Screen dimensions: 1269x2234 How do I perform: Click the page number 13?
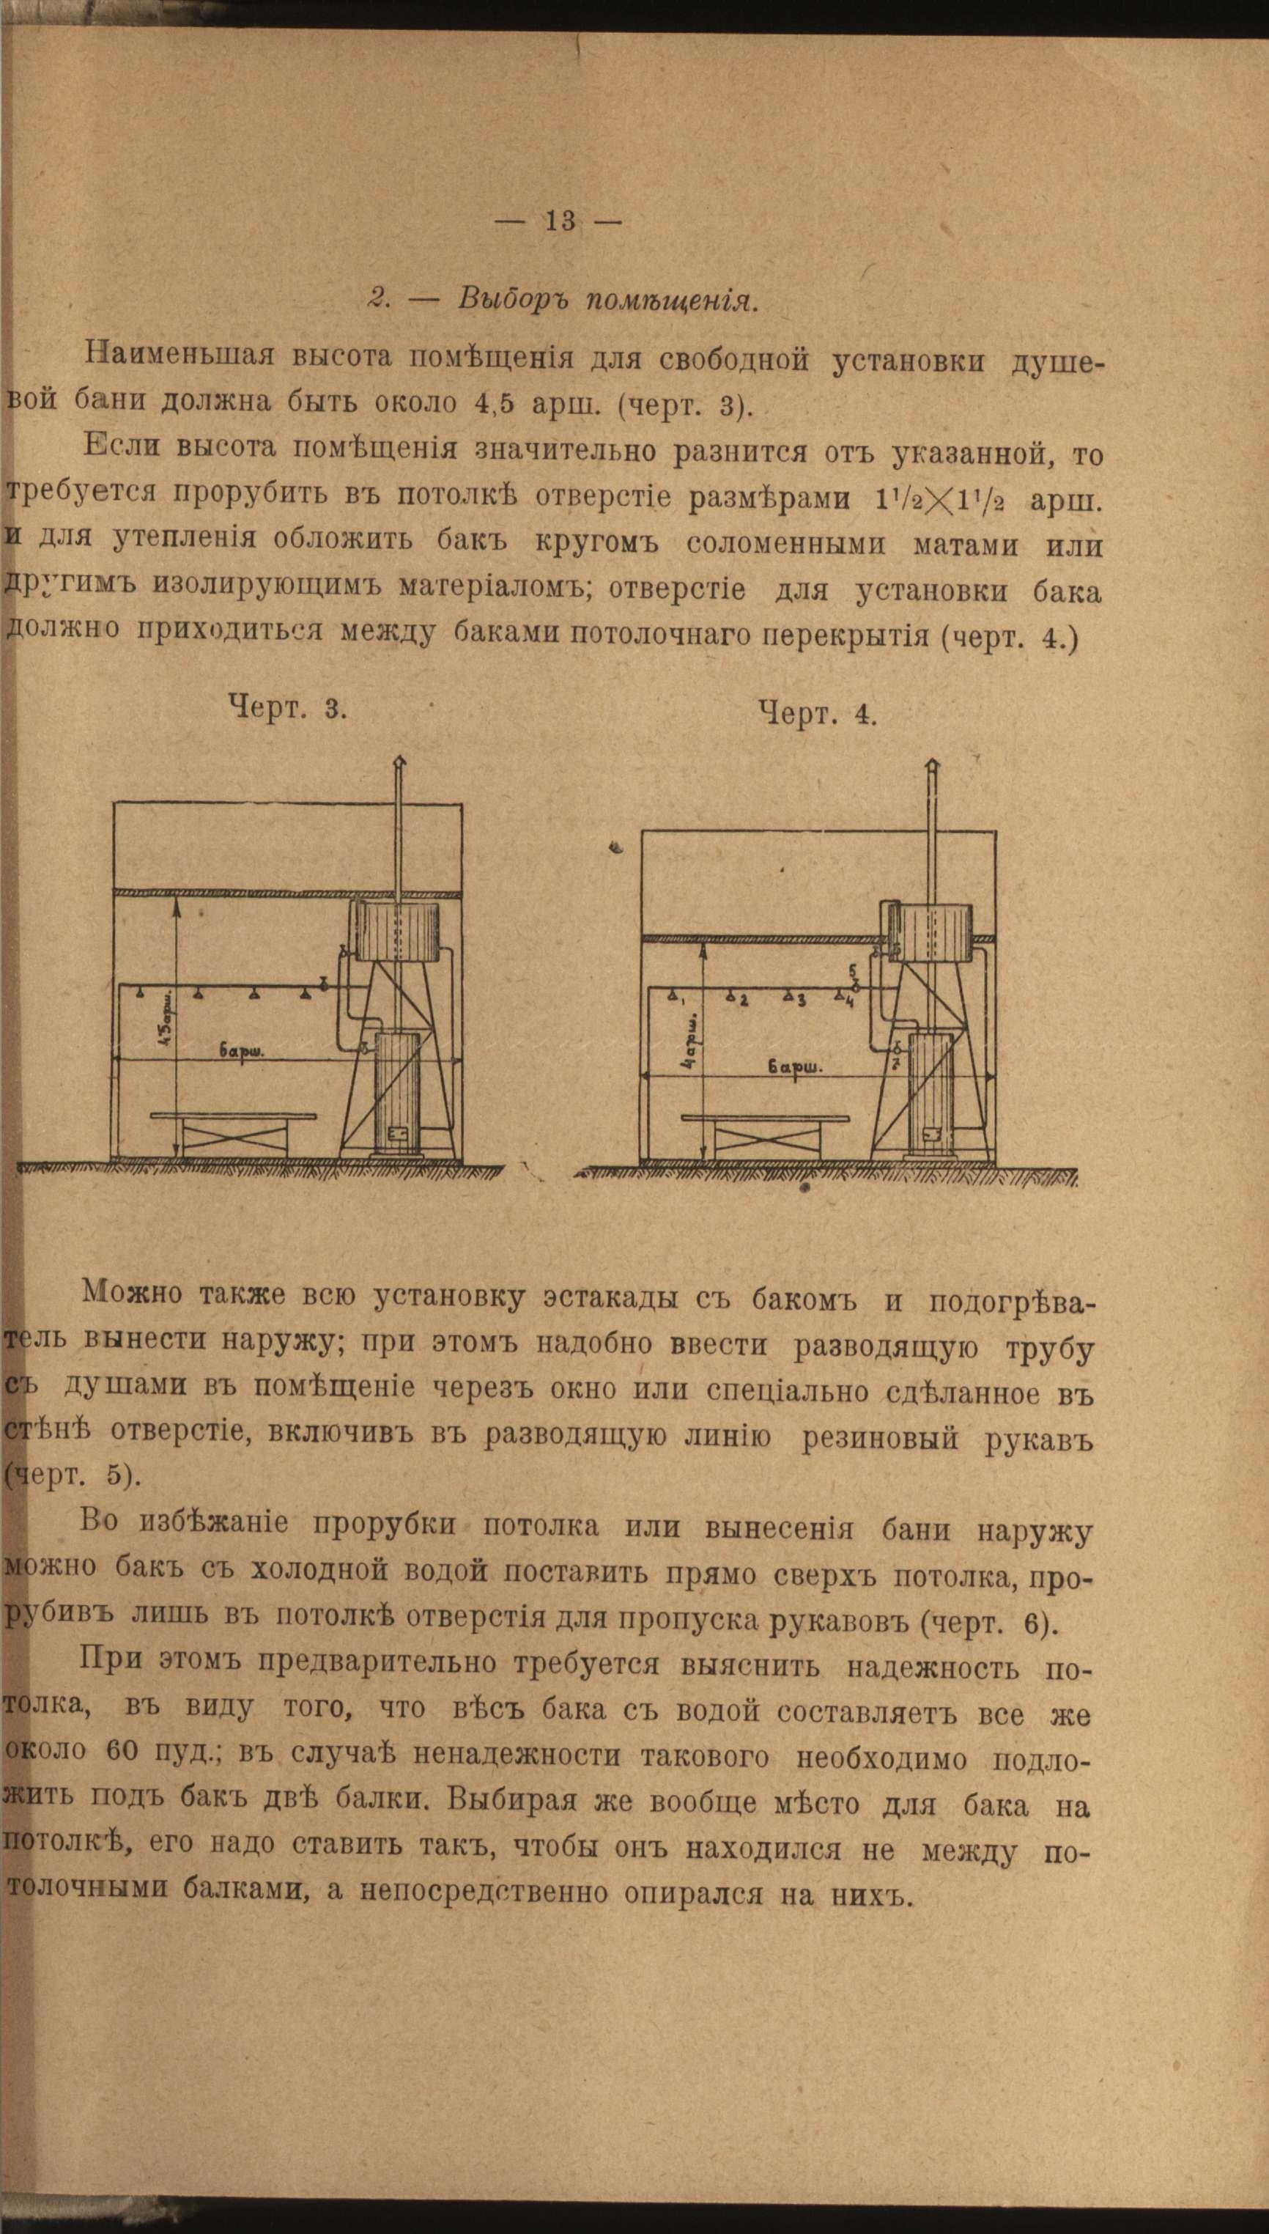pos(560,221)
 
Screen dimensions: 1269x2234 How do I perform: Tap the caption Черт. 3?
pos(288,706)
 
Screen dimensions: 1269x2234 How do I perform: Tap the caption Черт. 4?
pos(817,714)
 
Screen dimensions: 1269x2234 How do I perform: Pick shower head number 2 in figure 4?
pos(734,995)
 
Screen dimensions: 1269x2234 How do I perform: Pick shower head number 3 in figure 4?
pos(789,995)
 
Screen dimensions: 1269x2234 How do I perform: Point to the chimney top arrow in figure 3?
pos(400,761)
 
